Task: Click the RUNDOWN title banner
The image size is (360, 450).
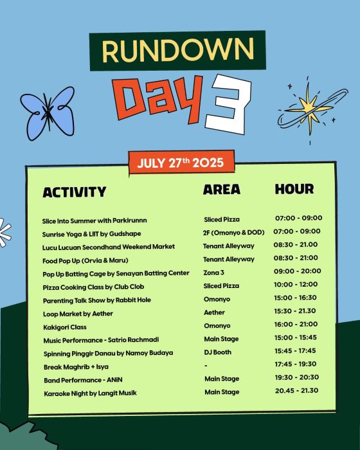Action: (x=177, y=51)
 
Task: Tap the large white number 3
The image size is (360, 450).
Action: (x=228, y=104)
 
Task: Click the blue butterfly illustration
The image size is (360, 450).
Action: (x=48, y=113)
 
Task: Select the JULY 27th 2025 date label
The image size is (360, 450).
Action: (x=181, y=163)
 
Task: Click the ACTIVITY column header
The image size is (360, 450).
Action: (x=75, y=192)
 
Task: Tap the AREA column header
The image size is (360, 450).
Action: (x=222, y=190)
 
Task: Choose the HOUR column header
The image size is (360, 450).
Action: (x=294, y=189)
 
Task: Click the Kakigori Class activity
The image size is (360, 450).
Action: (x=65, y=327)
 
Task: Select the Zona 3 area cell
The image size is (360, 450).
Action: (x=213, y=273)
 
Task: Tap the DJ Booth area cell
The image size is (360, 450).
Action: (x=218, y=352)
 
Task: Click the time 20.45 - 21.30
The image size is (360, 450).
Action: (x=296, y=390)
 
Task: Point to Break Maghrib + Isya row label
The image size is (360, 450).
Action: (x=76, y=367)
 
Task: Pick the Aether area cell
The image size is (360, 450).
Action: (x=214, y=312)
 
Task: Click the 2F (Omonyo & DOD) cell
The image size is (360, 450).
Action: (x=234, y=233)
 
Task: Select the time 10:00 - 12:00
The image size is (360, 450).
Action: (x=296, y=284)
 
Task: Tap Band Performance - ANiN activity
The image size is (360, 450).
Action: (x=83, y=381)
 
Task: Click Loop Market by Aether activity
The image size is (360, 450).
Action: (x=78, y=314)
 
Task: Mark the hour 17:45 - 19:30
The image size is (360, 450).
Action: (x=296, y=364)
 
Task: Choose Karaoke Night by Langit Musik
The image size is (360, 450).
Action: (x=90, y=393)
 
